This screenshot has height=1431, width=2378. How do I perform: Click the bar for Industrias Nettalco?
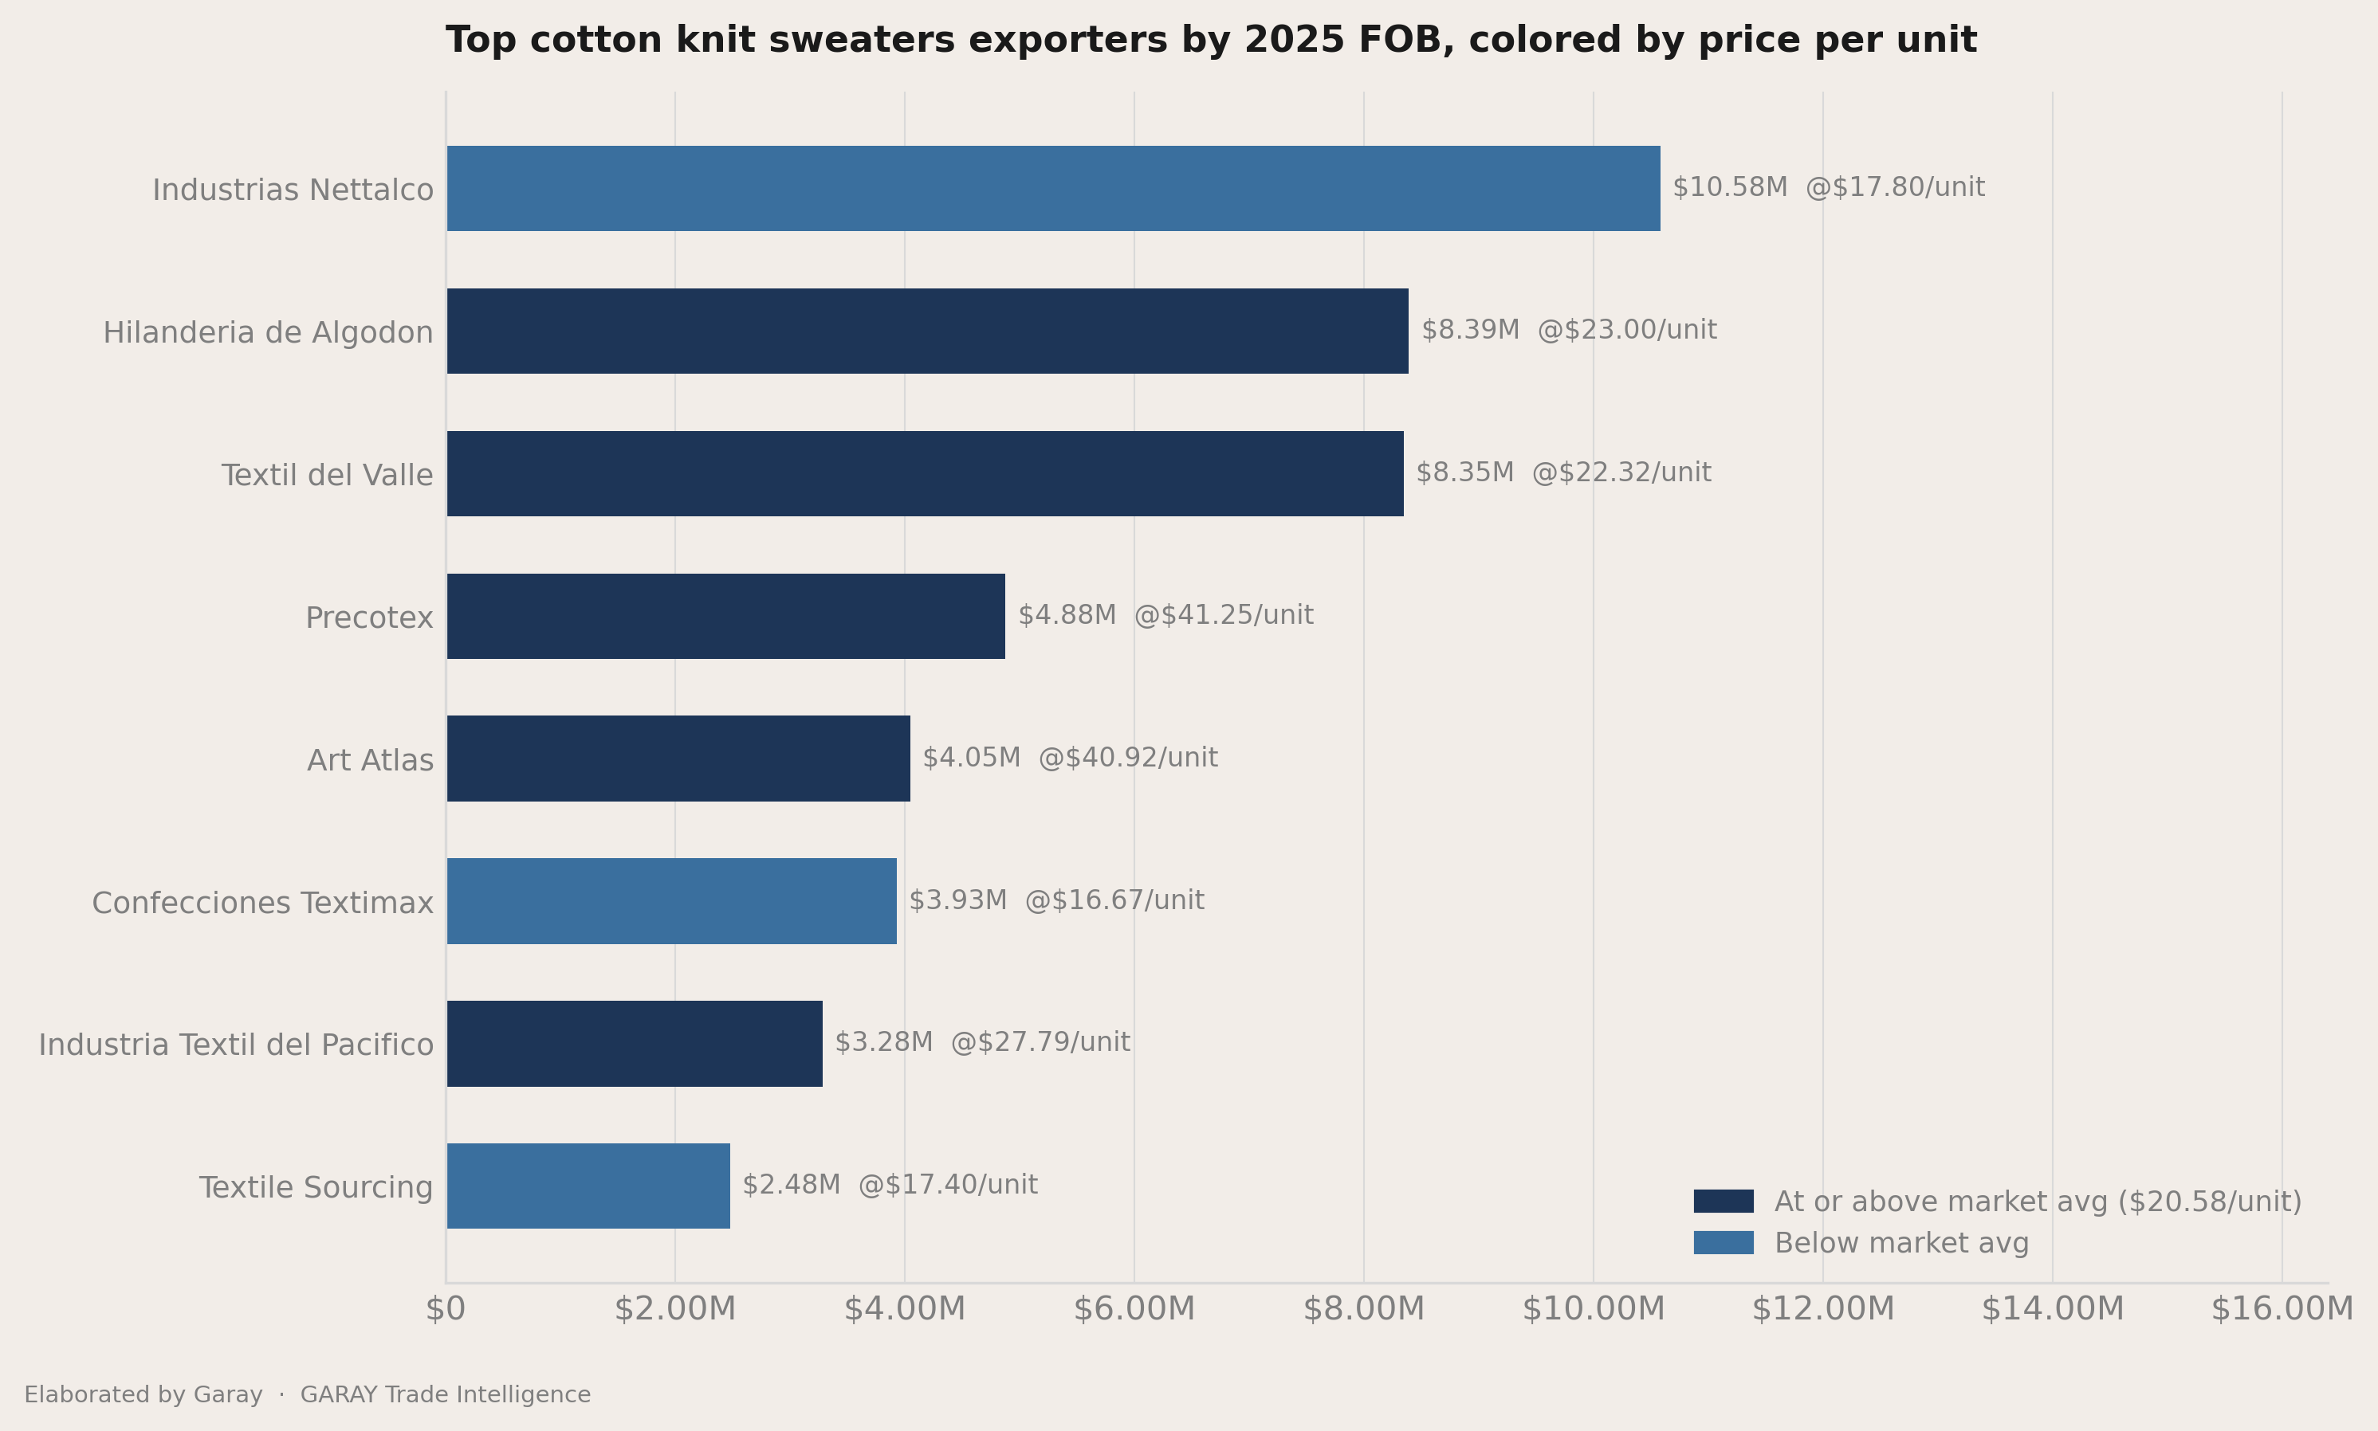1053,188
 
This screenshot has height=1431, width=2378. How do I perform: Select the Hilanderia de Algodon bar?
927,331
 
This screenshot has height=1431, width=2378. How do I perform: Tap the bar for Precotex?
725,616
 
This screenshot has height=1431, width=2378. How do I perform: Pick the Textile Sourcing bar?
588,1186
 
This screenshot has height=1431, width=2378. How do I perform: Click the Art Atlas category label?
371,760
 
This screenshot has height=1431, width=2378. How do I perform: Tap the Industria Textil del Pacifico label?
236,1045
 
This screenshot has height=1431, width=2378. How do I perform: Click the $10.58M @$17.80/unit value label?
1828,187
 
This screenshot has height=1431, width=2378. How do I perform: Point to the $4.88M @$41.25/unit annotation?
1165,615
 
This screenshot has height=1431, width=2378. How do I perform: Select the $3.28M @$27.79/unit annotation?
982,1042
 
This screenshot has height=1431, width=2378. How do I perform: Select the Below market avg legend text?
1901,1243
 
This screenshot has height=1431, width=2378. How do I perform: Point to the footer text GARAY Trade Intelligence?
446,1395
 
